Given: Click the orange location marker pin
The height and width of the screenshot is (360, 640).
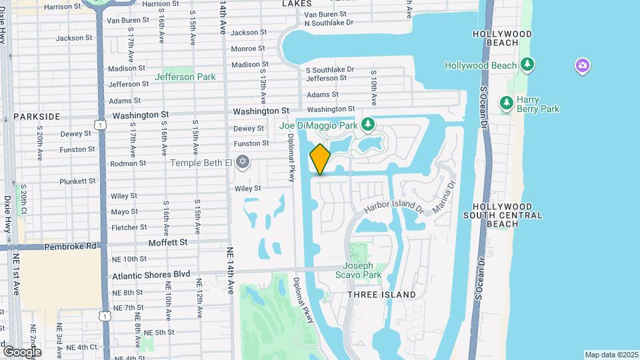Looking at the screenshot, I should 320,159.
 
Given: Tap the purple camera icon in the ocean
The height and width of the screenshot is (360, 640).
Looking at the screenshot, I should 583,65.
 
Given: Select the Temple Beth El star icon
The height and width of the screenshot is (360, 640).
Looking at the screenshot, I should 243,162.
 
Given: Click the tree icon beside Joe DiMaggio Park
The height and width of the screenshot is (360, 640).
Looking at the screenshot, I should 367,124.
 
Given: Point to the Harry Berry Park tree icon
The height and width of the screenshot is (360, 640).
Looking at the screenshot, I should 507,103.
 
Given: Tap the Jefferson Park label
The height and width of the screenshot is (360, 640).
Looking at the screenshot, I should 185,77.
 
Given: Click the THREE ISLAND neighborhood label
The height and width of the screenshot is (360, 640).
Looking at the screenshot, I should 382,295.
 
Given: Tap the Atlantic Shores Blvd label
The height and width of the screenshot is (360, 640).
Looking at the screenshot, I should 151,275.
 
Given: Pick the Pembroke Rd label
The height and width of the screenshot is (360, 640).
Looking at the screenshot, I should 70,246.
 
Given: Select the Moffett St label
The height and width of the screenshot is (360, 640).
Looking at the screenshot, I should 168,243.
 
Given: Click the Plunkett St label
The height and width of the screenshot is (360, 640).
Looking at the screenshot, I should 78,181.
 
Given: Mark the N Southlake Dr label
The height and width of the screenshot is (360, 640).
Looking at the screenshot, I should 328,23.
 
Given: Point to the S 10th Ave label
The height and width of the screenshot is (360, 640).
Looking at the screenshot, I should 375,87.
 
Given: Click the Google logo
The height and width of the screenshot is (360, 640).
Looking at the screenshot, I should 22,351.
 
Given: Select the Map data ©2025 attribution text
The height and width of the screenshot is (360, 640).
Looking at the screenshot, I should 611,355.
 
